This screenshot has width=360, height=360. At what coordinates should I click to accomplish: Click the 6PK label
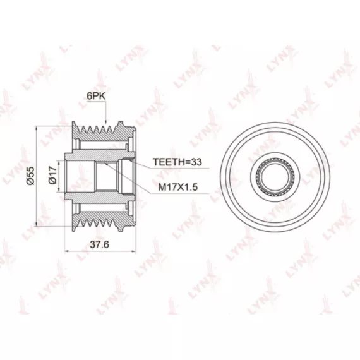coord(96,96)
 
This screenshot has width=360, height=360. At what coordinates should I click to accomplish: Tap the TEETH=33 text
coord(177,162)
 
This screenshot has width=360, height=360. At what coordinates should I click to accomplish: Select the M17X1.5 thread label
coord(178,187)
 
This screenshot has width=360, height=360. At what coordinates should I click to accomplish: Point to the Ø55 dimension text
coord(30,176)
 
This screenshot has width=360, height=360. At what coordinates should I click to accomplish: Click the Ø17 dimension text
coord(52,175)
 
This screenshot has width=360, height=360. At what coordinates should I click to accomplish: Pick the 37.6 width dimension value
coord(99,244)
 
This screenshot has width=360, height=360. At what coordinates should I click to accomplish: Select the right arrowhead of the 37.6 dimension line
coord(133,251)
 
